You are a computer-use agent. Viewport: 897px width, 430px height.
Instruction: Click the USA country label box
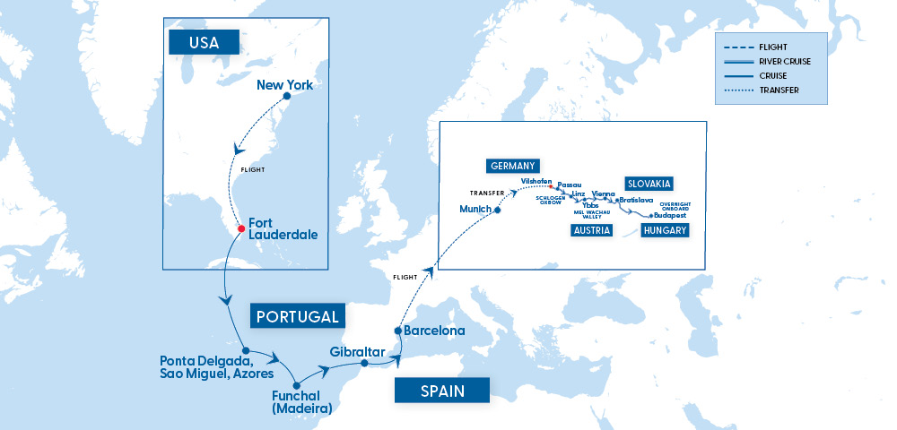click(204, 41)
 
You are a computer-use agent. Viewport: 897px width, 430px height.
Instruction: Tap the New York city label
click(284, 85)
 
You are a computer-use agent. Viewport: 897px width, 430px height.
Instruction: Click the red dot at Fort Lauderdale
click(240, 229)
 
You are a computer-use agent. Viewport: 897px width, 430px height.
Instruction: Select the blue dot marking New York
click(286, 96)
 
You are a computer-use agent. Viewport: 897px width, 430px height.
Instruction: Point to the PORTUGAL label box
click(297, 316)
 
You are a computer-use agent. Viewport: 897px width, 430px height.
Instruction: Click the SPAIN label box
click(442, 390)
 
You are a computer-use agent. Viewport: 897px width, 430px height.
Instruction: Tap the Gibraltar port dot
click(364, 364)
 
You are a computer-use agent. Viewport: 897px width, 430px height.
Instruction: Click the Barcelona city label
click(435, 331)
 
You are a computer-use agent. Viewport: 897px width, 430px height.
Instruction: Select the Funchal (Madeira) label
click(301, 401)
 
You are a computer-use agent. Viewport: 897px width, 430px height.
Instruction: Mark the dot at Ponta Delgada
click(245, 350)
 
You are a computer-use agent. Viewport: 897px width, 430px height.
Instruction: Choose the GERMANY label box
click(512, 166)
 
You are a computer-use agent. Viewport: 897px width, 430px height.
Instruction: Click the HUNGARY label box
click(665, 230)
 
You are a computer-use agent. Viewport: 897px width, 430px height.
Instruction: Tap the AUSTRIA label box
click(591, 230)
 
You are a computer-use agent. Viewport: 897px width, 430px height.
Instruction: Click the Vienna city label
click(604, 193)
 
